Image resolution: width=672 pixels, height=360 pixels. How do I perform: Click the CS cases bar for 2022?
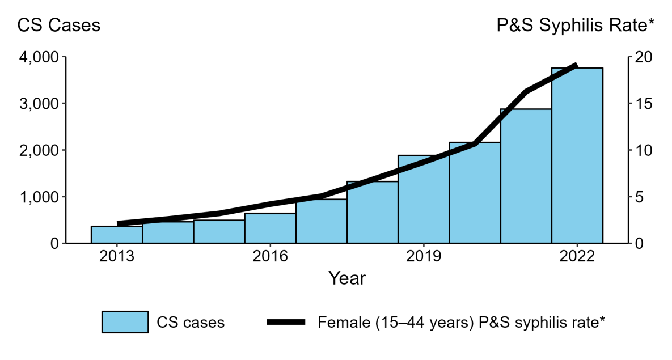click(577, 155)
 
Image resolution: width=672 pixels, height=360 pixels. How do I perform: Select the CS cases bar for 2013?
click(116, 235)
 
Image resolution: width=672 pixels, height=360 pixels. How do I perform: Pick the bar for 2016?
click(270, 228)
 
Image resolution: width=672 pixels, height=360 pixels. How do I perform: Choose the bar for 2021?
click(526, 176)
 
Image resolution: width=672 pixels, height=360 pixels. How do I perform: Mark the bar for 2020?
click(475, 193)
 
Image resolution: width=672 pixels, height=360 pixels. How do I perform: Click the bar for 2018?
click(372, 212)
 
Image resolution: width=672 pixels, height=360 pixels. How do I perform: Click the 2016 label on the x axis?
click(270, 256)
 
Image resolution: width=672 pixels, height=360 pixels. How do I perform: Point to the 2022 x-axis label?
click(577, 256)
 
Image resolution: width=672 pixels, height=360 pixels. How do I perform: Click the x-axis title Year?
click(347, 278)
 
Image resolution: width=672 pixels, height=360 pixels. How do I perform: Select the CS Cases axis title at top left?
click(59, 26)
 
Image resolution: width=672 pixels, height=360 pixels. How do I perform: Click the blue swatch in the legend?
click(125, 322)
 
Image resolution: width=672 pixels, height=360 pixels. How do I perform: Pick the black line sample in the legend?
click(286, 322)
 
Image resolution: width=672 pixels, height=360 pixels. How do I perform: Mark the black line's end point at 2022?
click(576, 66)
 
